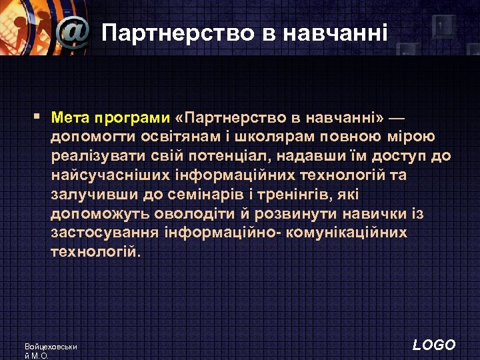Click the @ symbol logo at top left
(x=73, y=31)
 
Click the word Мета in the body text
(x=71, y=118)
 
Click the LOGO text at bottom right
(x=434, y=345)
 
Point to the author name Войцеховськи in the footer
(x=51, y=347)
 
